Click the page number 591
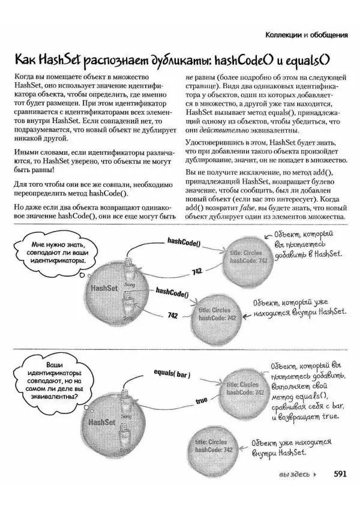point(340,473)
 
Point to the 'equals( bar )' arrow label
point(172,374)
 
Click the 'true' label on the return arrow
point(201,400)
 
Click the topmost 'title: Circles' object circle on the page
point(247,257)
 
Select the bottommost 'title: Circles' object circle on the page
point(214,446)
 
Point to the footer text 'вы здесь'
point(294,474)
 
